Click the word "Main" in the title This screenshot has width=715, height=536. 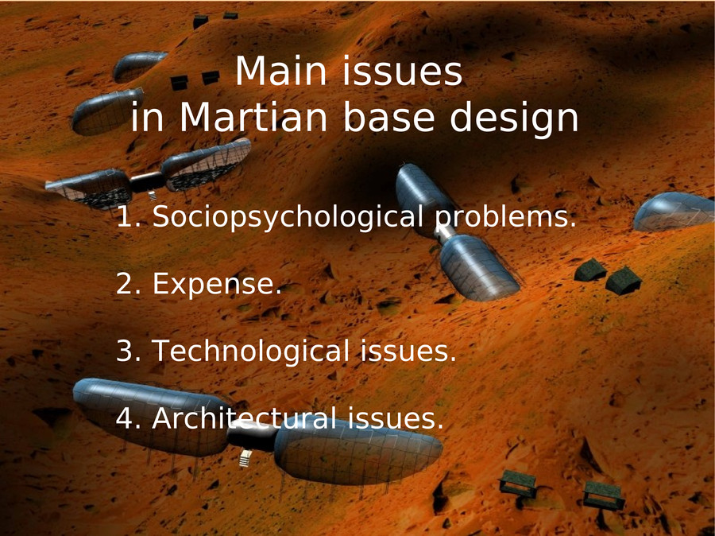(280, 72)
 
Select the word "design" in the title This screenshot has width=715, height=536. (514, 120)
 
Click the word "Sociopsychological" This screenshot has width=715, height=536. (288, 218)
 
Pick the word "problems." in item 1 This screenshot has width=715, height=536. (505, 218)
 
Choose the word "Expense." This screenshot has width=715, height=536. (217, 285)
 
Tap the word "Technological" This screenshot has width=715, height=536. (251, 352)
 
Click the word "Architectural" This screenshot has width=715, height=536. (245, 418)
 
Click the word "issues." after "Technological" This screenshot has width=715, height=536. (408, 351)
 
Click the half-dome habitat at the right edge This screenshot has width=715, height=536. (674, 211)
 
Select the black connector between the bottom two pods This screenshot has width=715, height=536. (252, 437)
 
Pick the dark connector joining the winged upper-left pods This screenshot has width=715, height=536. (147, 181)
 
